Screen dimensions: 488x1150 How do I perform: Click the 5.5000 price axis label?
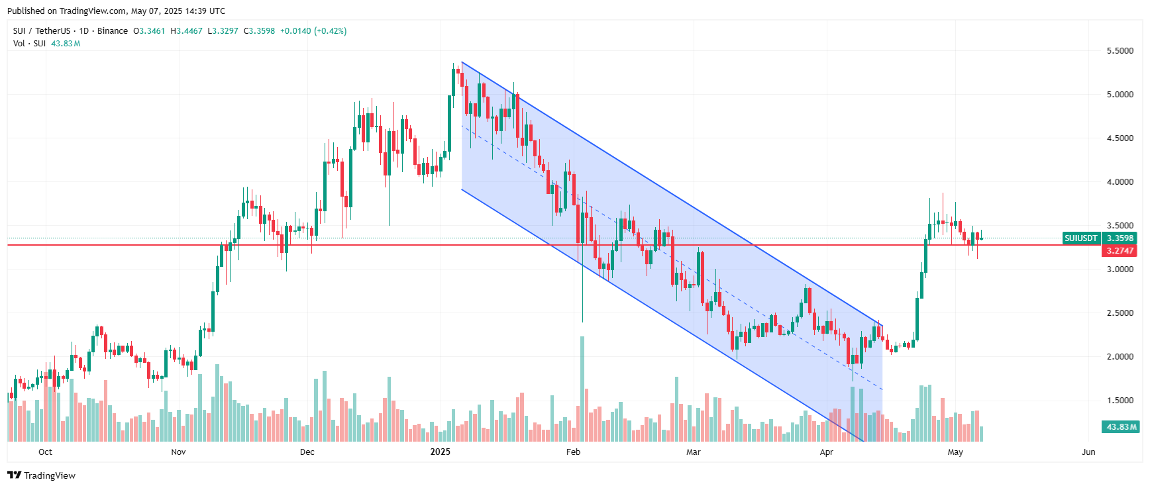click(1120, 51)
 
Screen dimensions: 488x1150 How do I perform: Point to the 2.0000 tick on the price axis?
click(1120, 357)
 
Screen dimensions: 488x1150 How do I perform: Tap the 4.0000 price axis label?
click(1120, 182)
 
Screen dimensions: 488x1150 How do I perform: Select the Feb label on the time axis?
click(573, 452)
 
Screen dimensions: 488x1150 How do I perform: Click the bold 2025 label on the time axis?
click(440, 452)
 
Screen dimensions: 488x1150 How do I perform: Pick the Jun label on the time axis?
click(1088, 452)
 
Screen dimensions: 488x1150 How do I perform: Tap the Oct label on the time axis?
click(45, 452)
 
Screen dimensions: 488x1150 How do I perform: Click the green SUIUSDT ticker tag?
click(1081, 238)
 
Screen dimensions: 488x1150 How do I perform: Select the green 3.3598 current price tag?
click(1120, 238)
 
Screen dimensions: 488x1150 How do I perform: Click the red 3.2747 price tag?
click(1120, 251)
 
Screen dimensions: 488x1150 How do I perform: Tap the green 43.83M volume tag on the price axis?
click(1122, 427)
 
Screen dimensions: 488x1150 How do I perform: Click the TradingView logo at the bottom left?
click(42, 475)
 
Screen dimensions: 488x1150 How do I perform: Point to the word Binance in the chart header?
click(113, 31)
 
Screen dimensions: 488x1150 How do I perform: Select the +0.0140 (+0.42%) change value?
click(313, 31)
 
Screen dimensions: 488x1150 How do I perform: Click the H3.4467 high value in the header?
click(187, 31)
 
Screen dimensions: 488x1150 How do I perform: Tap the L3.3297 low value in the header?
click(223, 31)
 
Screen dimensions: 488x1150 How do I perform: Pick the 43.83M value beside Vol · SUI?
click(66, 44)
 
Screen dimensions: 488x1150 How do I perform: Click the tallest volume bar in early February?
click(582, 389)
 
